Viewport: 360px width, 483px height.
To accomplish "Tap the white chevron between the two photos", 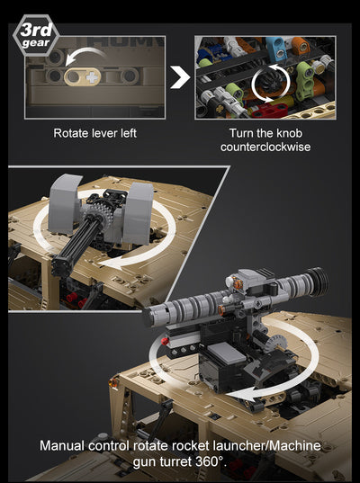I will (181, 77).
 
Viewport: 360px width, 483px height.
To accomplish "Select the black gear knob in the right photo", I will (267, 85).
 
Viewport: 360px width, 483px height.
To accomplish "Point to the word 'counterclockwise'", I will (265, 147).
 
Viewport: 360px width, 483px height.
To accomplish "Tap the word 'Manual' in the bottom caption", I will (61, 445).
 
